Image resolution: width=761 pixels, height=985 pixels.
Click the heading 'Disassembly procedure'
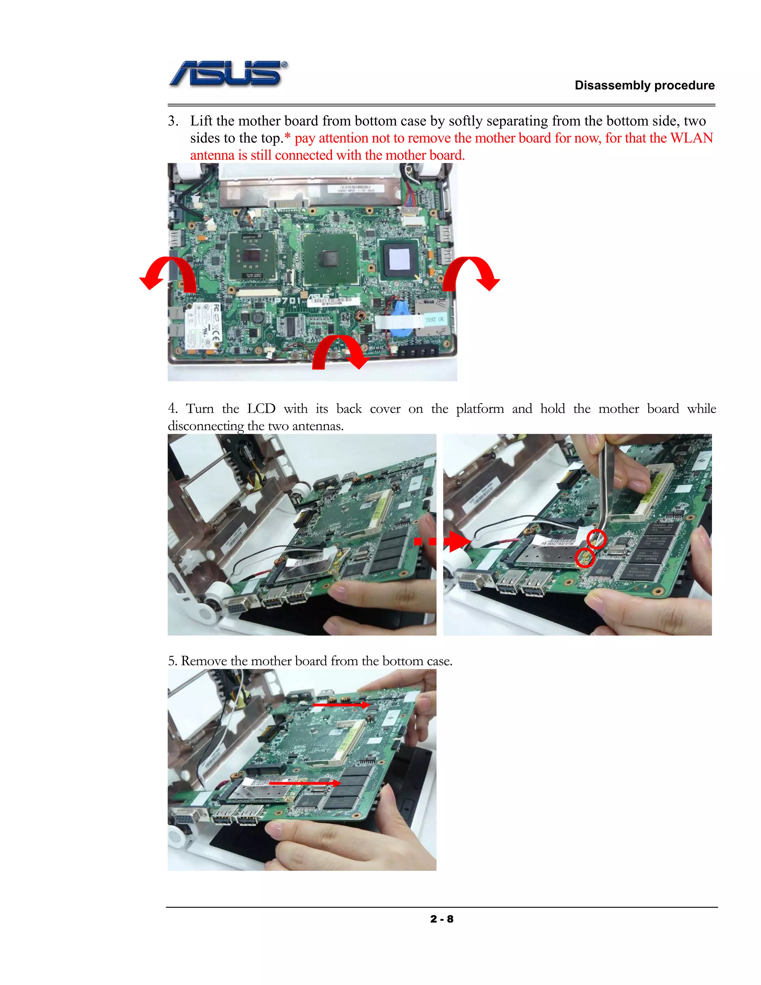[644, 85]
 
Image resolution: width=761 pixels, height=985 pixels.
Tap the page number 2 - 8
[441, 919]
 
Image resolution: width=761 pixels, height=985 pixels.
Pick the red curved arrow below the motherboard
[339, 352]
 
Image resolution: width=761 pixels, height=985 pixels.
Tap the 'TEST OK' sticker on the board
[434, 319]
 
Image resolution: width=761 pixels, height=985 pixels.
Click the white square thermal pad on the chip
[399, 259]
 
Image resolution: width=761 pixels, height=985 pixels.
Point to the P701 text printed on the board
[287, 300]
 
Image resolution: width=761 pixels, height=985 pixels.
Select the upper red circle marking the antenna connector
[596, 539]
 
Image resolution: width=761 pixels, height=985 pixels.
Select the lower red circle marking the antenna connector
[585, 558]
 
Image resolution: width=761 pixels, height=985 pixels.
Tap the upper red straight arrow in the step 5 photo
[341, 704]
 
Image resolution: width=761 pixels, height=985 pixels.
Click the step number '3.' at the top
[173, 121]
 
